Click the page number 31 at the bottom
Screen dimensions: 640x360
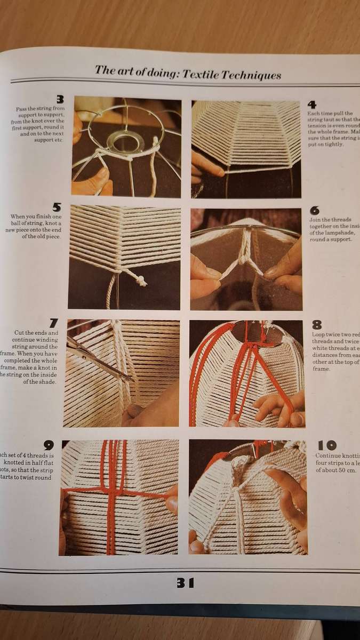click(x=185, y=583)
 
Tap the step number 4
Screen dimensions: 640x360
click(x=312, y=105)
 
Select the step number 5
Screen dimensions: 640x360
click(x=57, y=207)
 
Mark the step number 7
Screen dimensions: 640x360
click(x=53, y=323)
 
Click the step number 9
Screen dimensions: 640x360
click(x=49, y=444)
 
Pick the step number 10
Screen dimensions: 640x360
click(x=326, y=445)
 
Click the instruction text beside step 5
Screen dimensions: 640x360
click(x=36, y=226)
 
